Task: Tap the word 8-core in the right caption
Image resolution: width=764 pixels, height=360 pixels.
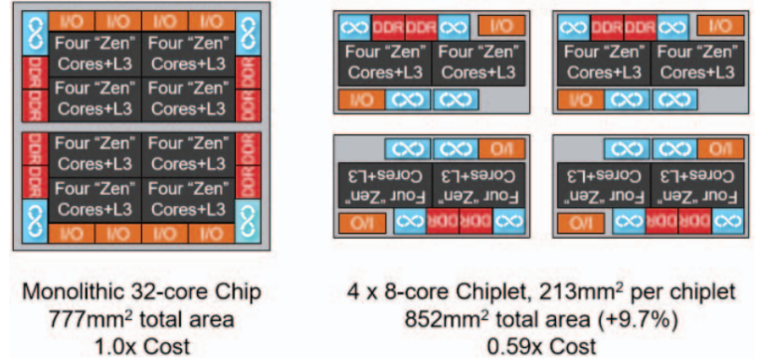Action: point(428,293)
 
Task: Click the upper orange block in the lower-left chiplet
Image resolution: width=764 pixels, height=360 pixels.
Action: point(496,148)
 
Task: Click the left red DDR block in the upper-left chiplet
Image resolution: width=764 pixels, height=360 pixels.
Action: point(391,27)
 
